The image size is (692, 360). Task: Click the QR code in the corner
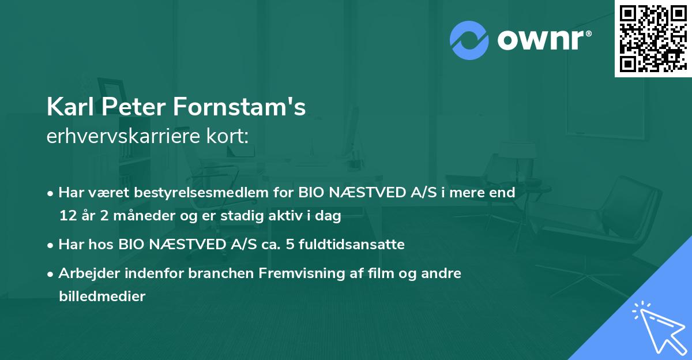coord(653,38)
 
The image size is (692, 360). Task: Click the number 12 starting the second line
coord(66,216)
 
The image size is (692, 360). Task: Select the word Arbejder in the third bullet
coord(85,273)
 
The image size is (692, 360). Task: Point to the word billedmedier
coord(102,297)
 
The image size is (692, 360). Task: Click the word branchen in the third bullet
coord(215,273)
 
